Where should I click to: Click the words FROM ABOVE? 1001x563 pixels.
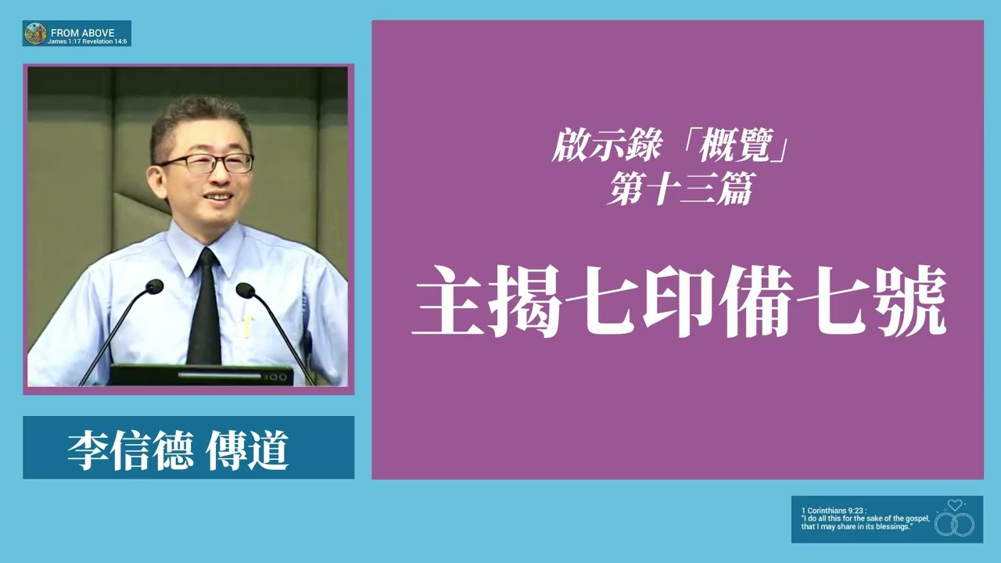click(x=82, y=33)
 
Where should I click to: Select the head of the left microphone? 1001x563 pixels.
click(x=155, y=286)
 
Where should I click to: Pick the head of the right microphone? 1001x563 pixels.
click(x=245, y=290)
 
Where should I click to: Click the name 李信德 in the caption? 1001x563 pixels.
click(x=130, y=449)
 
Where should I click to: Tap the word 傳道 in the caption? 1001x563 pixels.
click(x=247, y=449)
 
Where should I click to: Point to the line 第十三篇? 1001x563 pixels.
click(x=679, y=190)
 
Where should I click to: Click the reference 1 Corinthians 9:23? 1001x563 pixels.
click(x=828, y=510)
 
